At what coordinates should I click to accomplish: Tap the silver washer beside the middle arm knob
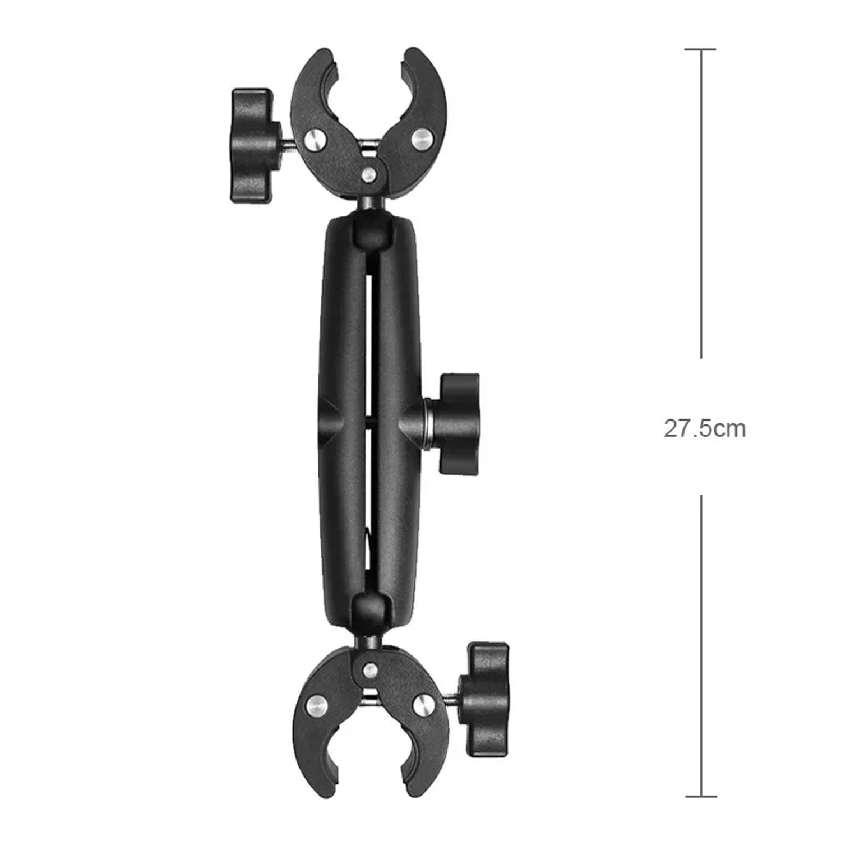[x=428, y=424]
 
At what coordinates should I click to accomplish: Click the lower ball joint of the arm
[x=370, y=612]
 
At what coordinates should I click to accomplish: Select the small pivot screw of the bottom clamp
[x=370, y=669]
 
